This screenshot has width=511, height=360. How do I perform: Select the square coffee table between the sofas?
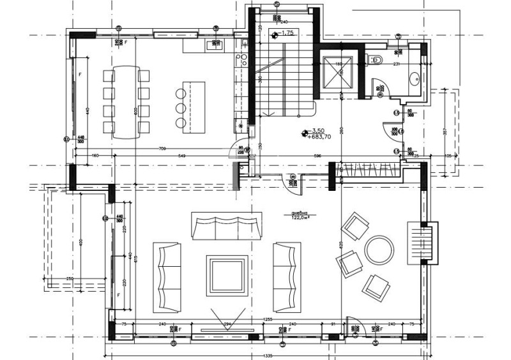coord(227,275)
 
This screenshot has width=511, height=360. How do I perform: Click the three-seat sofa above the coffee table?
coord(227,226)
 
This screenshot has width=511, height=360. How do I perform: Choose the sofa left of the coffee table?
coord(167,276)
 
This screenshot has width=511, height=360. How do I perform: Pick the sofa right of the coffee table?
coord(286,276)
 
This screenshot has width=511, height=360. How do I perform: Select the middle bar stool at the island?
coord(181,107)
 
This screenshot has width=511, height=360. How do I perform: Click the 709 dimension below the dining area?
coord(164,149)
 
